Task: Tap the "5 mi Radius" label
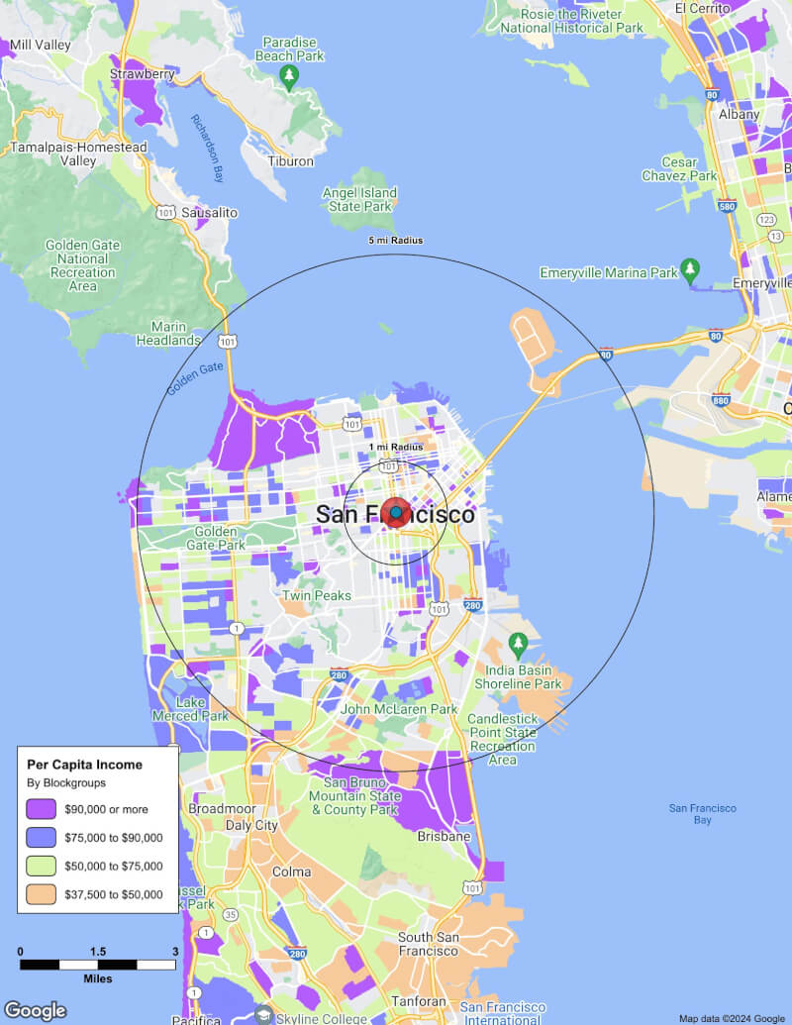pyautogui.click(x=396, y=241)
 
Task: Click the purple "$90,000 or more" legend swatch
pyautogui.click(x=41, y=808)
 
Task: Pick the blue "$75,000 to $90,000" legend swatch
pyautogui.click(x=41, y=837)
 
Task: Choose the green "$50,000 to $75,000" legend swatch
pyautogui.click(x=41, y=866)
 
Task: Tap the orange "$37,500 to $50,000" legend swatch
pyautogui.click(x=41, y=894)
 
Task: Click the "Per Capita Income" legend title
pyautogui.click(x=84, y=765)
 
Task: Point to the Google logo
pyautogui.click(x=35, y=1010)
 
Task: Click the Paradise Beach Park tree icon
pyautogui.click(x=289, y=77)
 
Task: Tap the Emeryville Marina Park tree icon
pyautogui.click(x=690, y=270)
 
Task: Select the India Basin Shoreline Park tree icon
pyautogui.click(x=517, y=646)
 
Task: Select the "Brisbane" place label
pyautogui.click(x=444, y=836)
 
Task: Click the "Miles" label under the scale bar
pyautogui.click(x=97, y=978)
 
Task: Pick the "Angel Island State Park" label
pyautogui.click(x=360, y=200)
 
